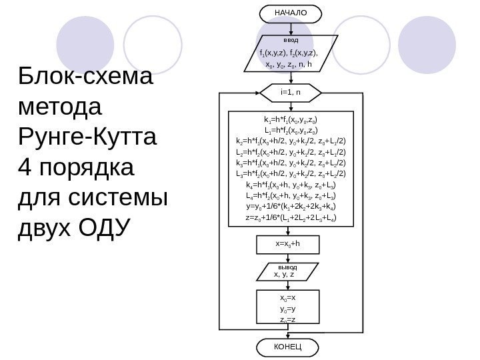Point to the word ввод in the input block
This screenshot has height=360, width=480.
click(291, 40)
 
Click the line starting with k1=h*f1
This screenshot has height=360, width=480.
click(291, 120)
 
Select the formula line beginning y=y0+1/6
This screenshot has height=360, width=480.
click(291, 206)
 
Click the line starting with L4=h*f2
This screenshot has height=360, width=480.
click(291, 195)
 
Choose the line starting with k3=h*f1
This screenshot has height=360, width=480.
click(291, 163)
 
